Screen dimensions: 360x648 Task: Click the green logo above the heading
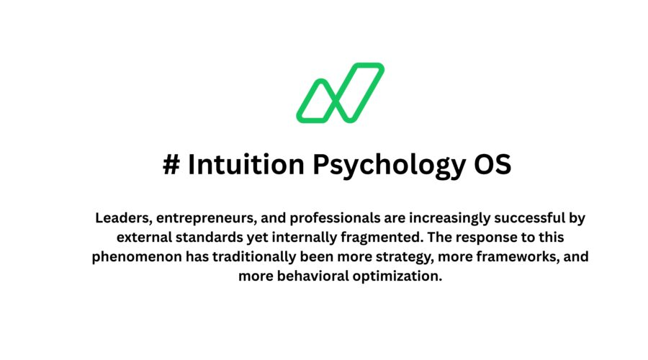340,92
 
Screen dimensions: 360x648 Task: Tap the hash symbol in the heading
171,165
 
